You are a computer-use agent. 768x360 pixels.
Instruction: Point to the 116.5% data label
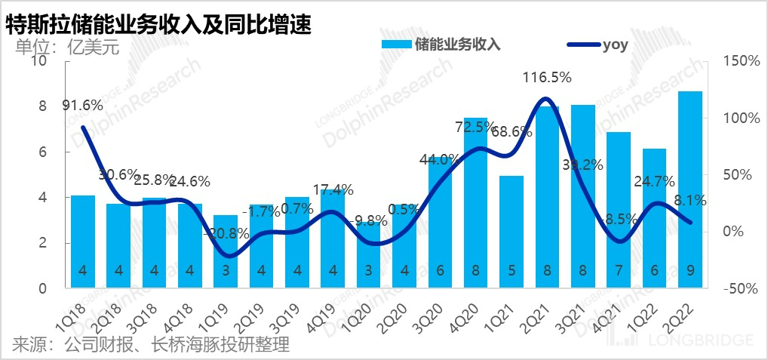point(548,77)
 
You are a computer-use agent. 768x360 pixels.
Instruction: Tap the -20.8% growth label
point(226,233)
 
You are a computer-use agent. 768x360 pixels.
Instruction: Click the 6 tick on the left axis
point(42,152)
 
